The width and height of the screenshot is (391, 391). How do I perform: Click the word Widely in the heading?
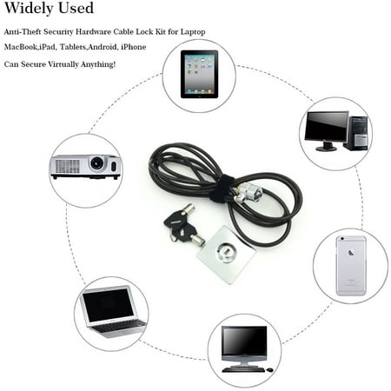point(29,8)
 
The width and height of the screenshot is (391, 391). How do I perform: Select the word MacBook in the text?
point(21,47)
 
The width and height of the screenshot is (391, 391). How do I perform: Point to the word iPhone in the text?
point(133,47)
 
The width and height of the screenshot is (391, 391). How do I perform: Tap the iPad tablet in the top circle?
point(199,74)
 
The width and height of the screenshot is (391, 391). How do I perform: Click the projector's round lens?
point(96,163)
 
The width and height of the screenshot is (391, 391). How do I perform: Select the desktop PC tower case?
point(356,133)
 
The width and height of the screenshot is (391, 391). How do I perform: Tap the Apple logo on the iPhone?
point(351,253)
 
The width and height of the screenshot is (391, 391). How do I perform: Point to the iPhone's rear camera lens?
point(342,239)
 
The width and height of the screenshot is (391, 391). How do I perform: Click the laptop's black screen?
point(109,306)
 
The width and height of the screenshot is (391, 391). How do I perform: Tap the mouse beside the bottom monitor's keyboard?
point(269,370)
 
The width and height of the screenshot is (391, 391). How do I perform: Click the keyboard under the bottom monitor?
point(243,369)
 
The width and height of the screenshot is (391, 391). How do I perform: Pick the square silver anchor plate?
point(226,255)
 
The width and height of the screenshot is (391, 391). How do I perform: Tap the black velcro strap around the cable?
point(221,189)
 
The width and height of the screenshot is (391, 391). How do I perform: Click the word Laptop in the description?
point(193,31)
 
